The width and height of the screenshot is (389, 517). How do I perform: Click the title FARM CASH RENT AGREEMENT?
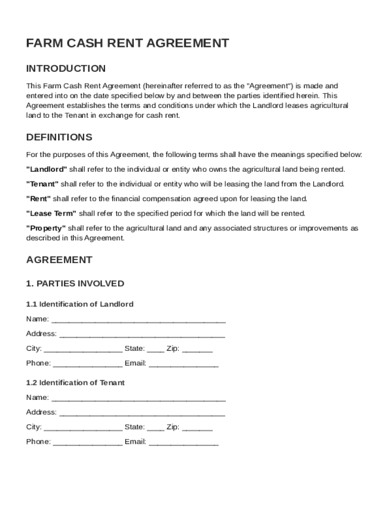click(127, 43)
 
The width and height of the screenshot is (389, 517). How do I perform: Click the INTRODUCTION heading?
click(66, 69)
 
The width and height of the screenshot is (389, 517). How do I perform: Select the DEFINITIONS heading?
click(59, 137)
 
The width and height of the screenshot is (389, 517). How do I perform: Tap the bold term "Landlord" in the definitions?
click(46, 169)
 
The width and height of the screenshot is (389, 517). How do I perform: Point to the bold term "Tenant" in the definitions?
click(42, 184)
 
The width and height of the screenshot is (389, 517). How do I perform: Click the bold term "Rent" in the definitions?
click(38, 198)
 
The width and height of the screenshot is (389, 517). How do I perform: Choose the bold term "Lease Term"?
click(52, 213)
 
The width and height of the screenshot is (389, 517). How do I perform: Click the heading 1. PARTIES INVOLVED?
click(75, 284)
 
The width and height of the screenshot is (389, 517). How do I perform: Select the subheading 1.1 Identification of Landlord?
click(80, 304)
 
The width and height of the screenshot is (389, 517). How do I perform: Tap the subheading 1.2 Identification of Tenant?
click(75, 383)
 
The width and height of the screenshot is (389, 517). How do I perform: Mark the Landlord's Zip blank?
click(197, 350)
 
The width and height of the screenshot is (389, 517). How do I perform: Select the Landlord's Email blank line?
click(184, 365)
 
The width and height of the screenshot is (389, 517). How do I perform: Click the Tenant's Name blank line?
click(138, 399)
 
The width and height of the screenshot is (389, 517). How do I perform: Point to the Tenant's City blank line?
click(83, 428)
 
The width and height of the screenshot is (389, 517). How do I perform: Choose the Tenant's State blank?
click(156, 428)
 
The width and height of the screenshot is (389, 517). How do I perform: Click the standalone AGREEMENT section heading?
click(59, 260)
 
